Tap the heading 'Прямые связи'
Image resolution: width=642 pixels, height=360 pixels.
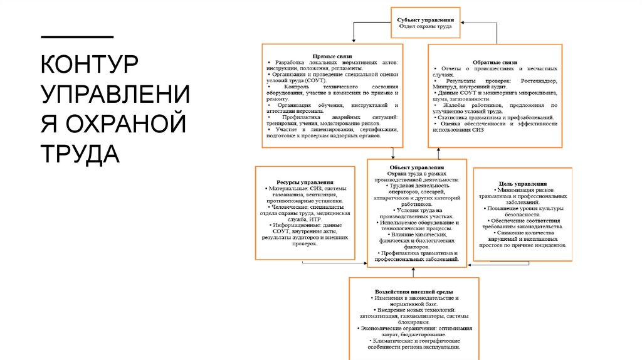click(332, 56)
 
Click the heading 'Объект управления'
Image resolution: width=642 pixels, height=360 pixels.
click(416, 167)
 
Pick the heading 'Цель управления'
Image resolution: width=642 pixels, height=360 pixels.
click(522, 183)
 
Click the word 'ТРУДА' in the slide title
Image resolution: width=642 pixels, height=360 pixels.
click(80, 153)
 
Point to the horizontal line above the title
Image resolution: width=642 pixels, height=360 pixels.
click(77, 36)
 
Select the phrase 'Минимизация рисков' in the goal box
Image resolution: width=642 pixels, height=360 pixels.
click(522, 189)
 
